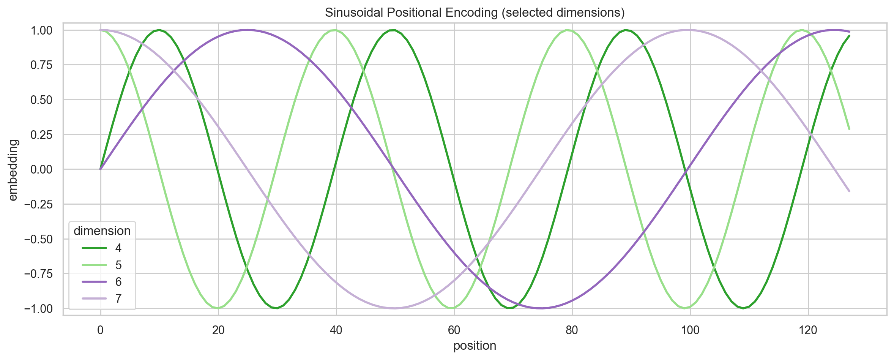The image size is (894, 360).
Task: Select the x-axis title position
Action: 475,346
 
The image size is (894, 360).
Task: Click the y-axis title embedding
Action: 13,169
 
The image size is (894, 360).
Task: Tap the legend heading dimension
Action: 102,231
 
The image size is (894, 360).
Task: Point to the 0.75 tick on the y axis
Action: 41,65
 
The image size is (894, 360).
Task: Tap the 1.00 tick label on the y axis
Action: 41,30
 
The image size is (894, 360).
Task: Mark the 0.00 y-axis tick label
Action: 41,169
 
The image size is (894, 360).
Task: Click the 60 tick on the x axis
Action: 454,330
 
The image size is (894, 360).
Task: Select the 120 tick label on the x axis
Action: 808,330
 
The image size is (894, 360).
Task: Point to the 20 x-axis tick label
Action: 218,330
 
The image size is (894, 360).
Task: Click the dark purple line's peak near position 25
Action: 248,30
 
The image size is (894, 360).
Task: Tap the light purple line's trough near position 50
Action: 395,308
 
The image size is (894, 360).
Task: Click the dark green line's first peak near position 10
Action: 159,30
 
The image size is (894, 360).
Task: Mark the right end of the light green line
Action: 849,129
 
